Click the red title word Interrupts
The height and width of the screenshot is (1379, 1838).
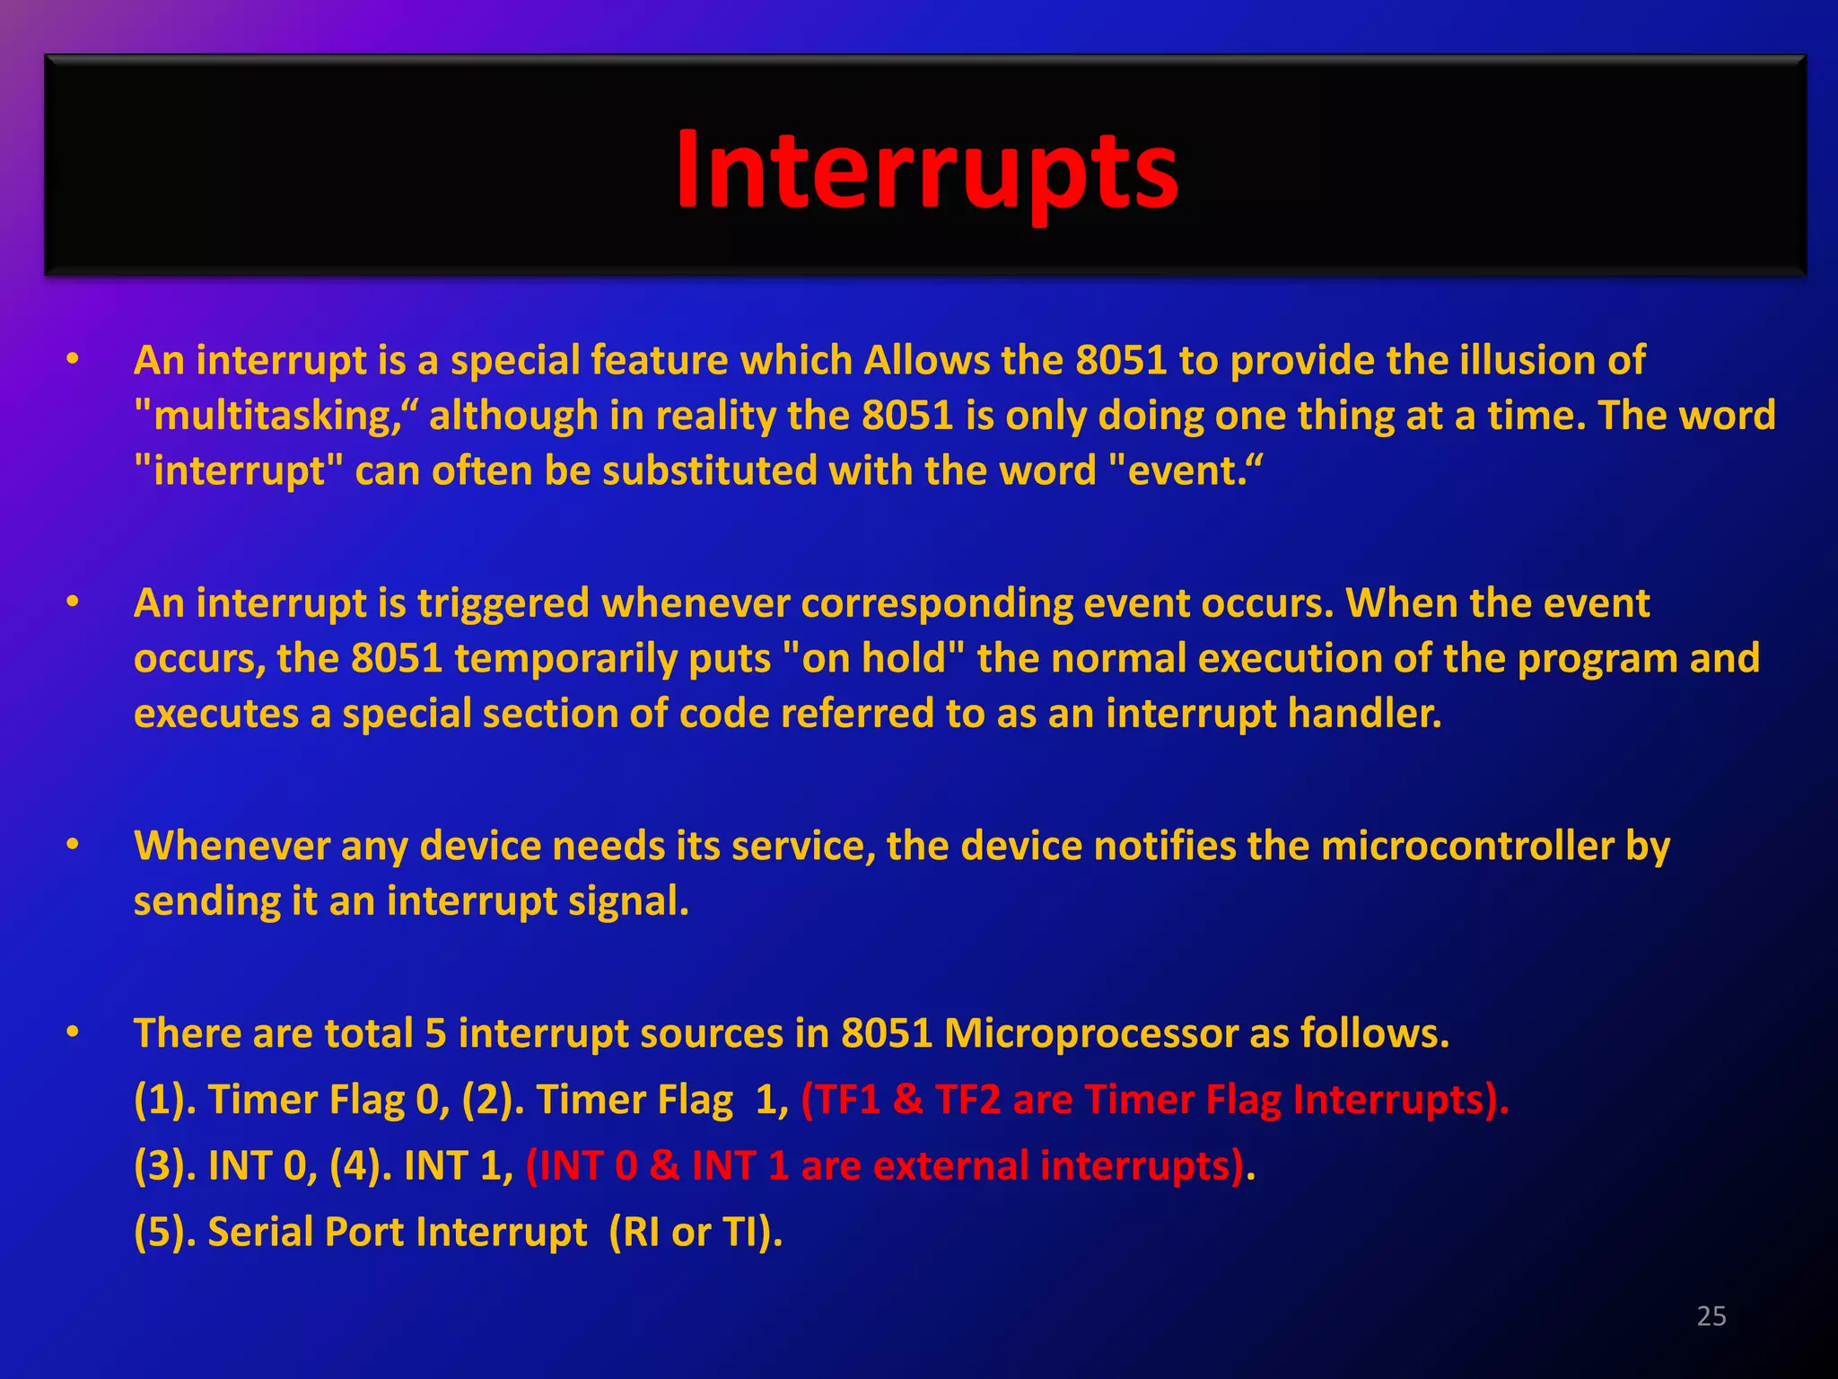click(x=926, y=171)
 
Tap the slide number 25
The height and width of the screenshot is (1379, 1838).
click(x=1711, y=1316)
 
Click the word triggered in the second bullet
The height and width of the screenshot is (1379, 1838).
click(x=503, y=603)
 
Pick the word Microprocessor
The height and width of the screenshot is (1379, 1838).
click(x=1090, y=1033)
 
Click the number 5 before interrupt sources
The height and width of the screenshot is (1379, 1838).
click(x=435, y=1033)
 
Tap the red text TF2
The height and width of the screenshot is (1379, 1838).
click(x=967, y=1100)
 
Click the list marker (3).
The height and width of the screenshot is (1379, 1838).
click(x=164, y=1166)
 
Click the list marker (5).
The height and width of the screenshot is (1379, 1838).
click(x=164, y=1232)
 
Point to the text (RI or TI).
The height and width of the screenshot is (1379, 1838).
click(x=696, y=1232)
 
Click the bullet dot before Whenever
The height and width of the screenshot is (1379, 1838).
click(x=73, y=845)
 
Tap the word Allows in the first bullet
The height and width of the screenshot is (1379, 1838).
click(x=927, y=361)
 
